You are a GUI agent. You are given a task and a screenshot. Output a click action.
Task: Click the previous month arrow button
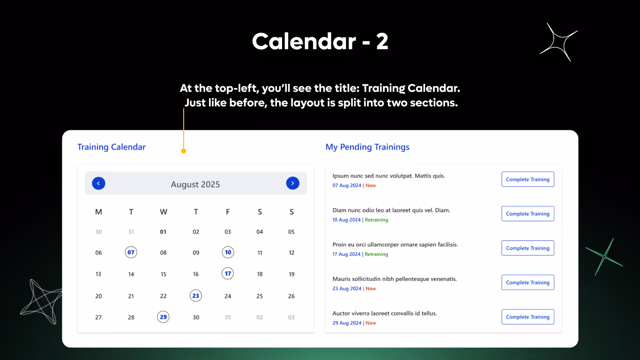98,183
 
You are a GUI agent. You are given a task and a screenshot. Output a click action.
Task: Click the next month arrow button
292,183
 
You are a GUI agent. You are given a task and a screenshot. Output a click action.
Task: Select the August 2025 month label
195,184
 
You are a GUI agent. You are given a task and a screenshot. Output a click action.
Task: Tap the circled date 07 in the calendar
131,252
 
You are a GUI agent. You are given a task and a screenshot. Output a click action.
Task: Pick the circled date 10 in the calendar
228,252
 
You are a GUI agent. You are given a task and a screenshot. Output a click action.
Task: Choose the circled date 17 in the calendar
228,273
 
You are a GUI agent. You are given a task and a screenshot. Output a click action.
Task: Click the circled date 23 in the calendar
196,296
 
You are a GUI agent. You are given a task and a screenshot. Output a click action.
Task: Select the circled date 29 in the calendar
163,317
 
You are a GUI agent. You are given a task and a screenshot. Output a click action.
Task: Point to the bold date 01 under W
163,232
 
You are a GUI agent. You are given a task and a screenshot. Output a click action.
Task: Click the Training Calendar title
112,147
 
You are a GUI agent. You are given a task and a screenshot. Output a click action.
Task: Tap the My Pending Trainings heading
367,147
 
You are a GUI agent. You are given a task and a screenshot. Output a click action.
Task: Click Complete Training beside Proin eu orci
528,248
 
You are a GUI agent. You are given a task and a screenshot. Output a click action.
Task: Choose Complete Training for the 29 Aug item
528,317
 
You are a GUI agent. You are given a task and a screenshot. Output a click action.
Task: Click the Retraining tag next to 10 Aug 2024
376,220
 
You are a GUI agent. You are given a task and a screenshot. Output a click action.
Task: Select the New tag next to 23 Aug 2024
371,289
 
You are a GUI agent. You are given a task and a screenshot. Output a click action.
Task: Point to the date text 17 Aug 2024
346,255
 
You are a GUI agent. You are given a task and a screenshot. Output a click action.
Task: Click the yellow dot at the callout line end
184,151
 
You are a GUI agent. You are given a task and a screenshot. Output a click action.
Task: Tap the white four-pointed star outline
559,42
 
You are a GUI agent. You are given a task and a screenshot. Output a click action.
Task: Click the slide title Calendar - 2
320,42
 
